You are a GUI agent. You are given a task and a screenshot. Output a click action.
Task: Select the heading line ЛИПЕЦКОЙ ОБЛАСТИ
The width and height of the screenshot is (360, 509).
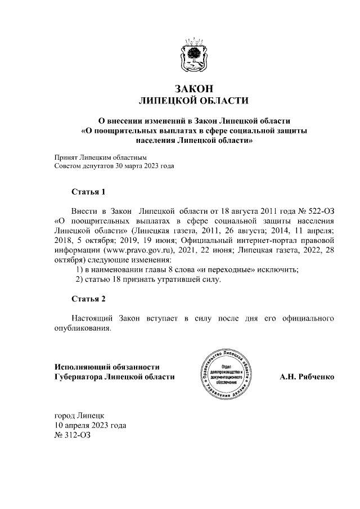(x=193, y=101)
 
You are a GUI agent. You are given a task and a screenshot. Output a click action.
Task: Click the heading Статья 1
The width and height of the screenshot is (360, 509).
(x=88, y=192)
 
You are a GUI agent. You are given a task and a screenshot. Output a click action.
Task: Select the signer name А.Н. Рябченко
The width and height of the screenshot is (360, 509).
(x=307, y=376)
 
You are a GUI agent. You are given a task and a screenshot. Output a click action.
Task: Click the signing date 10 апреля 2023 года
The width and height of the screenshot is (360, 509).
(x=90, y=425)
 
